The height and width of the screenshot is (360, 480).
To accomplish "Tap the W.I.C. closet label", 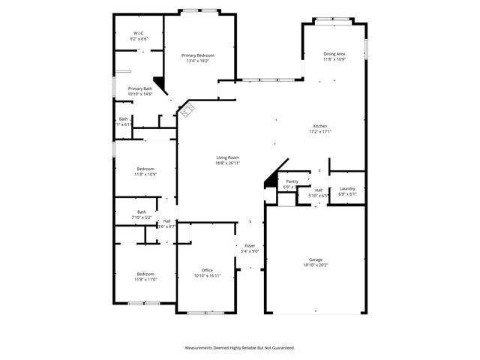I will tap(139, 34).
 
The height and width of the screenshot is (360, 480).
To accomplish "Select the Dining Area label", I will tap(334, 54).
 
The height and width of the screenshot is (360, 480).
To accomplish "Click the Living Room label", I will tap(227, 157).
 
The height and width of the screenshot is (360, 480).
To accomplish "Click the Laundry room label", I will tap(346, 189).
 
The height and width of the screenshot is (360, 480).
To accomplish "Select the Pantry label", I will tap(292, 181).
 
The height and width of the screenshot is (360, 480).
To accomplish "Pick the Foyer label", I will tap(250, 246).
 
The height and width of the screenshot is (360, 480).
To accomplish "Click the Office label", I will tap(207, 270).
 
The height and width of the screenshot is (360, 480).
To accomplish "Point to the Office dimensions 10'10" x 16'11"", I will tap(207, 275).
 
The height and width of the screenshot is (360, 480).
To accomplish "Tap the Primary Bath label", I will tap(139, 89).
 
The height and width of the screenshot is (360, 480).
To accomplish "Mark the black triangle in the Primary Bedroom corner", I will tap(158, 83).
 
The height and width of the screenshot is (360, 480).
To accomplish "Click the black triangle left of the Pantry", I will tap(270, 180).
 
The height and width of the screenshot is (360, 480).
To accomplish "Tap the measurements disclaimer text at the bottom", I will tap(240, 348).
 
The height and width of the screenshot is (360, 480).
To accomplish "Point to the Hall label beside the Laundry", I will tap(318, 190).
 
